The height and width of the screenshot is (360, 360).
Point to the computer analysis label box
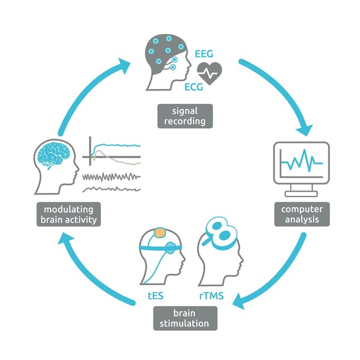[x=302, y=213]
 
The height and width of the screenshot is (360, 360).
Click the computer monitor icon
[x=301, y=165]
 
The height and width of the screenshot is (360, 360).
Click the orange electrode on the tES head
[x=159, y=234]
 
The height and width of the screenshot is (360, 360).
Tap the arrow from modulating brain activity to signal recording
[x=80, y=93]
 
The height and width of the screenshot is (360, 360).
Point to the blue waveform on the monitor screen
[x=301, y=162]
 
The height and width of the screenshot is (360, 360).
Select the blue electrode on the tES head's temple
[x=170, y=249]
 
